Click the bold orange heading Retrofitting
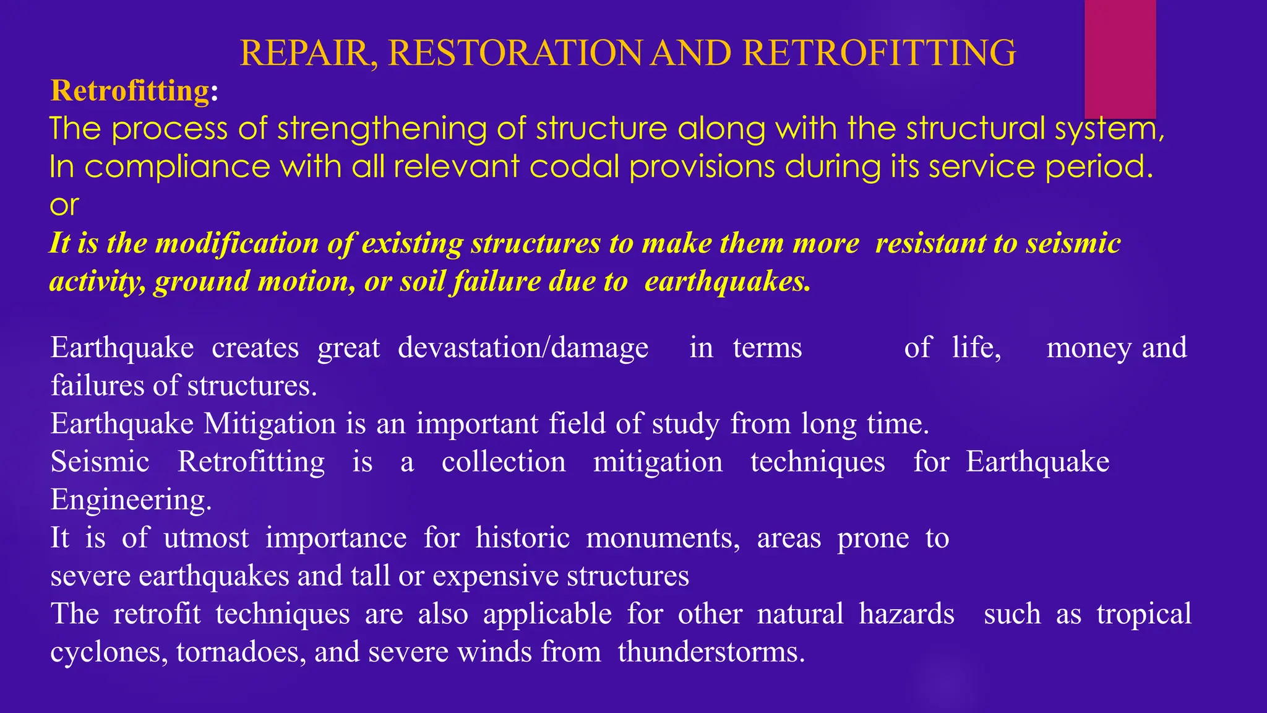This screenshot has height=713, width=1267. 131,91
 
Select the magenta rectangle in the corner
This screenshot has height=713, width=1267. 1120,59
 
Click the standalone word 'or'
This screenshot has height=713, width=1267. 64,205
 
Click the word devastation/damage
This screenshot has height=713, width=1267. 523,347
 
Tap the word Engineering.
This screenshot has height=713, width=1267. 131,500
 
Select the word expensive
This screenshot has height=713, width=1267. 495,576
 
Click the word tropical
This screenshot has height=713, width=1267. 1143,615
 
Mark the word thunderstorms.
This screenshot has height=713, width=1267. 711,652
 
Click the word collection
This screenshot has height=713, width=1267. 503,462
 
